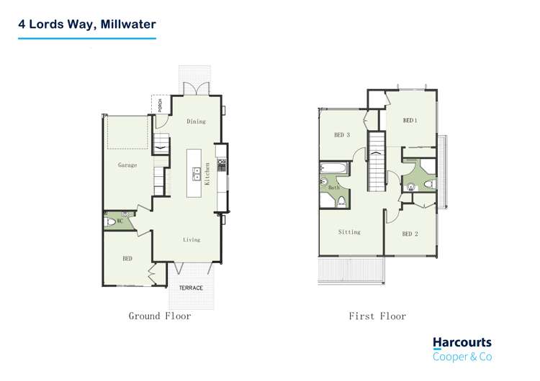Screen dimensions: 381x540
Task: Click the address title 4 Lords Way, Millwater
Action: coord(87,24)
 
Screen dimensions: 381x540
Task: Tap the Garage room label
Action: coord(127,165)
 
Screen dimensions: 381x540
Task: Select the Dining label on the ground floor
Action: coord(196,121)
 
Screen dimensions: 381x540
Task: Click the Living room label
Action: coord(191,239)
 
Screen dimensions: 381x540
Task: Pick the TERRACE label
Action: coord(191,288)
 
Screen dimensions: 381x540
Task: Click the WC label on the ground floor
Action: coord(120,221)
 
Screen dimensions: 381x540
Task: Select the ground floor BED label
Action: coord(127,258)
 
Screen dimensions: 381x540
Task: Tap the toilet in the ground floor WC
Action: coord(110,222)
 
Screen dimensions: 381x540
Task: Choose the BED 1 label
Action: coord(410,121)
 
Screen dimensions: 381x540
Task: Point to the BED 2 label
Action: coord(410,234)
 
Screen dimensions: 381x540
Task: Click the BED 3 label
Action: coord(342,134)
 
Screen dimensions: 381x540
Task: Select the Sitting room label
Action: coord(349,232)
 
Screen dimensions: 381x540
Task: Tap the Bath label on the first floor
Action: coord(333,188)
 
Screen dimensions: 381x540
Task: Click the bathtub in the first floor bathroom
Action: coord(333,170)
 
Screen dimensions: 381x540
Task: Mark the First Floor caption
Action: coord(377,316)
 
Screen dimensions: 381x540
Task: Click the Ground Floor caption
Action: coord(160,316)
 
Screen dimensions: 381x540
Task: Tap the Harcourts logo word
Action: coord(462,343)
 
